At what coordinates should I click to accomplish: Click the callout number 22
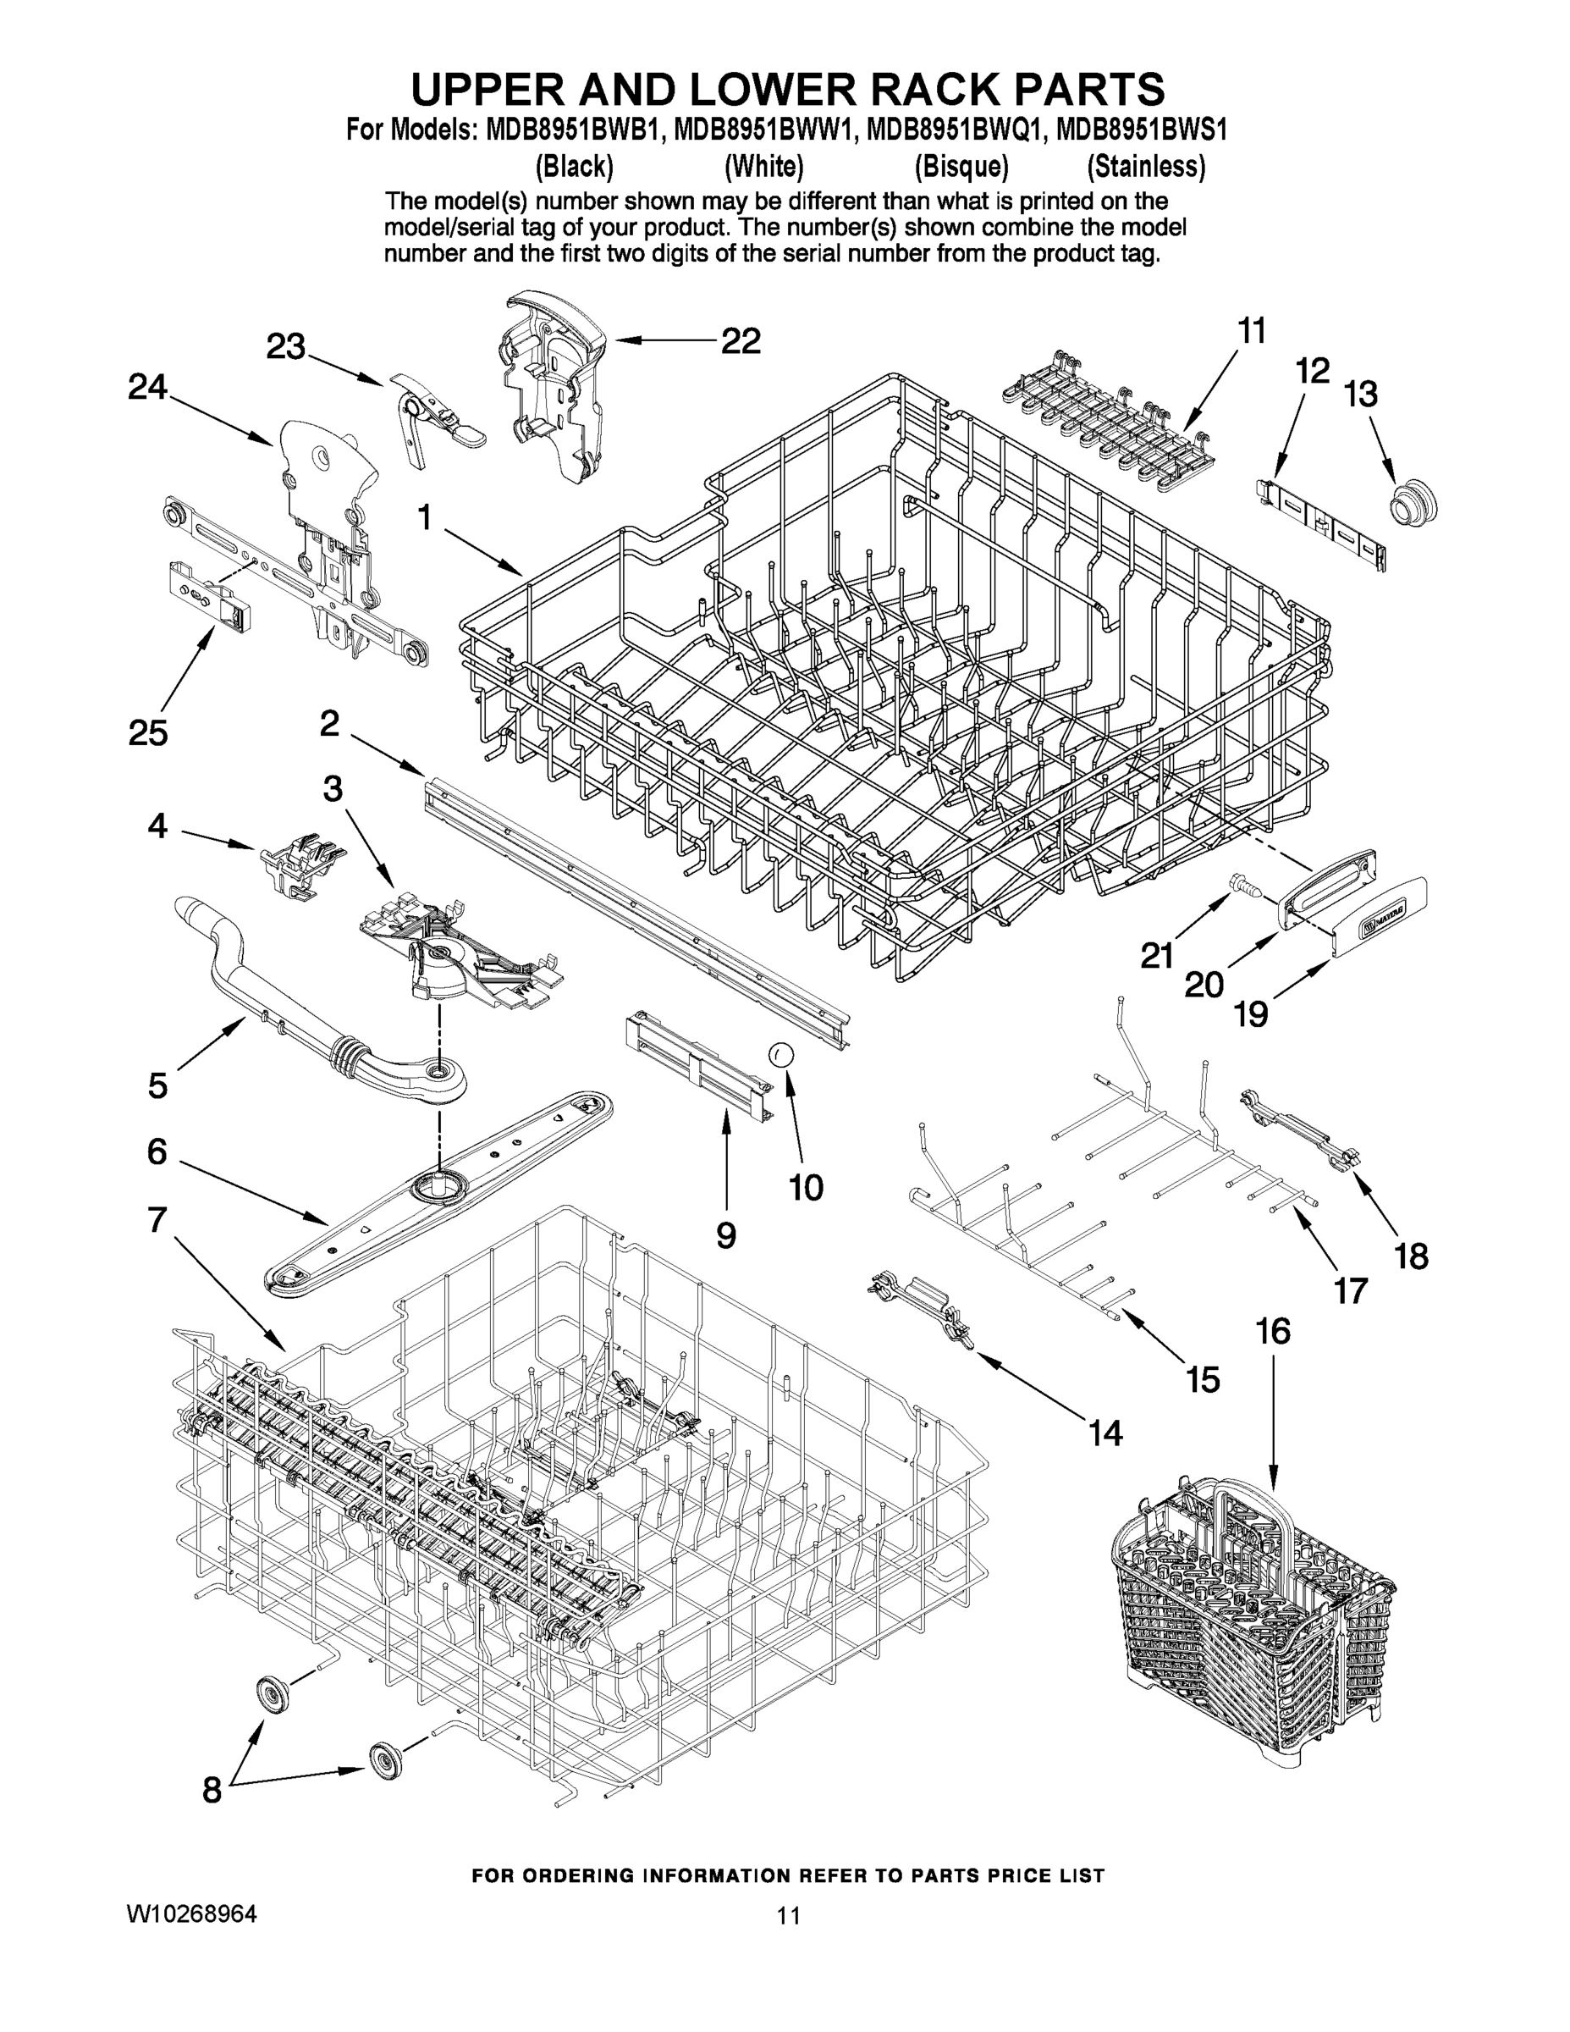point(741,341)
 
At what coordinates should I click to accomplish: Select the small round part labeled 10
point(779,1054)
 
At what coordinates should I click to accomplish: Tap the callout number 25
point(148,732)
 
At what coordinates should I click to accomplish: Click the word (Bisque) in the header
point(961,167)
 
